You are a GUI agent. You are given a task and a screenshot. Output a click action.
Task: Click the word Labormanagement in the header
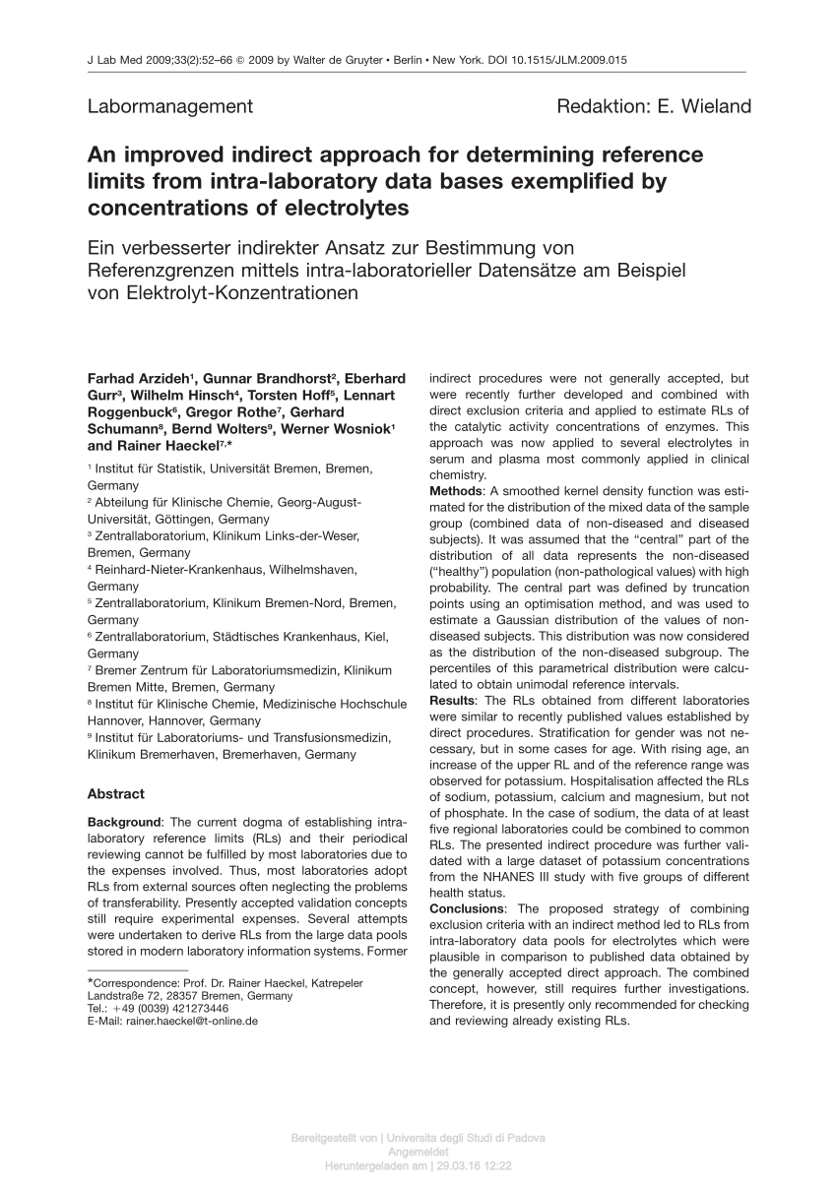pyautogui.click(x=170, y=106)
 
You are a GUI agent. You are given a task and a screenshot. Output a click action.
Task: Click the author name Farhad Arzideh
pyautogui.click(x=140, y=379)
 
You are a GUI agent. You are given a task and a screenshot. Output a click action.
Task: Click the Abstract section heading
pyautogui.click(x=116, y=793)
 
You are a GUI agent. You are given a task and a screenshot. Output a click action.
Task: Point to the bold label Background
pyautogui.click(x=124, y=822)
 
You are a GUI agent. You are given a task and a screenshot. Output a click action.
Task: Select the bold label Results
pyautogui.click(x=453, y=700)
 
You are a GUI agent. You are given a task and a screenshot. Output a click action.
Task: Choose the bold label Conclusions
pyautogui.click(x=466, y=908)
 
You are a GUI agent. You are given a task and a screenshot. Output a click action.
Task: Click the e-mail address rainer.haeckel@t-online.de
pyautogui.click(x=191, y=1022)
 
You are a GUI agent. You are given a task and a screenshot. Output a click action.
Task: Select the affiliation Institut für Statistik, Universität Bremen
pyautogui.click(x=232, y=468)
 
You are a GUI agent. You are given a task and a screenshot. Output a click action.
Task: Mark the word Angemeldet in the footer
pyautogui.click(x=418, y=1152)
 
